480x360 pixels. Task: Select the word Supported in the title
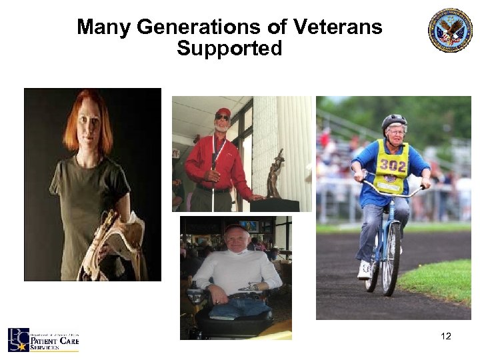tap(229, 49)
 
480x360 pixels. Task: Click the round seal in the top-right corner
tap(450, 30)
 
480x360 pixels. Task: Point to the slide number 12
tap(446, 336)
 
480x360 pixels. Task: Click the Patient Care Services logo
tap(43, 339)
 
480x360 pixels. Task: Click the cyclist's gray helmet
tap(394, 121)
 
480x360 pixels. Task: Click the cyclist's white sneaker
tap(364, 269)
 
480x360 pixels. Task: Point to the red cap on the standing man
tap(223, 111)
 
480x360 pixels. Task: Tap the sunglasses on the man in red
tap(223, 118)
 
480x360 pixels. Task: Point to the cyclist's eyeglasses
tap(395, 132)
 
